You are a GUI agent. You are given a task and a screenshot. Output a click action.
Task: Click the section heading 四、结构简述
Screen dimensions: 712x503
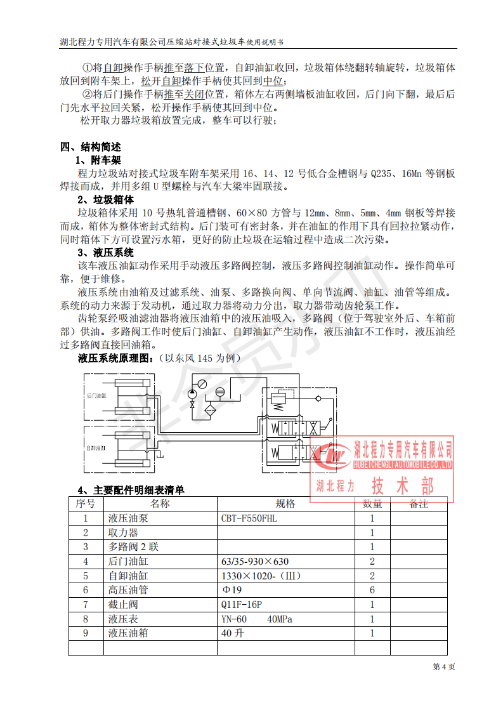click(91, 147)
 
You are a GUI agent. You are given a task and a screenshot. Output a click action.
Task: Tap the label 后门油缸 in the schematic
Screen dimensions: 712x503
click(96, 395)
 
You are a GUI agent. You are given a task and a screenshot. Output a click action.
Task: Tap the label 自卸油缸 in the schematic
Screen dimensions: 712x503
click(96, 448)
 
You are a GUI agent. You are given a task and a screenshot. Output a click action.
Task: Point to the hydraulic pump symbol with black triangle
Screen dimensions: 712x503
click(192, 394)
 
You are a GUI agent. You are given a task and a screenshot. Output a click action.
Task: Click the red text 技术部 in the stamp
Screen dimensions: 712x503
click(403, 487)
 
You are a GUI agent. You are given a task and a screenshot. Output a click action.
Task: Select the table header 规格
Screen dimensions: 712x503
click(285, 504)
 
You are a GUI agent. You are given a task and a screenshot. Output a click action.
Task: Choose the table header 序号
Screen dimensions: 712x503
click(86, 504)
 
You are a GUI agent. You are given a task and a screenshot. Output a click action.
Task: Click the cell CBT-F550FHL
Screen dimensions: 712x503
click(249, 518)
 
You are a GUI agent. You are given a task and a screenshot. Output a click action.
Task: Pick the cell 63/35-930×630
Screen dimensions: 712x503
click(255, 562)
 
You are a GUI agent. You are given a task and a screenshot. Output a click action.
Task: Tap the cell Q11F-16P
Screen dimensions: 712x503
click(242, 605)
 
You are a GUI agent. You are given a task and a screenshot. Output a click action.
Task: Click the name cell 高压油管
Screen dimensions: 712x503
click(128, 590)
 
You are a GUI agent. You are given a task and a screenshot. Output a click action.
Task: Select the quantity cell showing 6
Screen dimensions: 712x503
click(372, 590)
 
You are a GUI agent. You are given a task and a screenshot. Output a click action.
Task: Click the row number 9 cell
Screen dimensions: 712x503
click(86, 633)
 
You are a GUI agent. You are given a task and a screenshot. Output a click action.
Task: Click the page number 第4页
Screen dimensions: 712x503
click(443, 667)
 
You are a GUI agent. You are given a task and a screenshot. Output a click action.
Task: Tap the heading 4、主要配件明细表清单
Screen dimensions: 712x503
click(131, 491)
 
